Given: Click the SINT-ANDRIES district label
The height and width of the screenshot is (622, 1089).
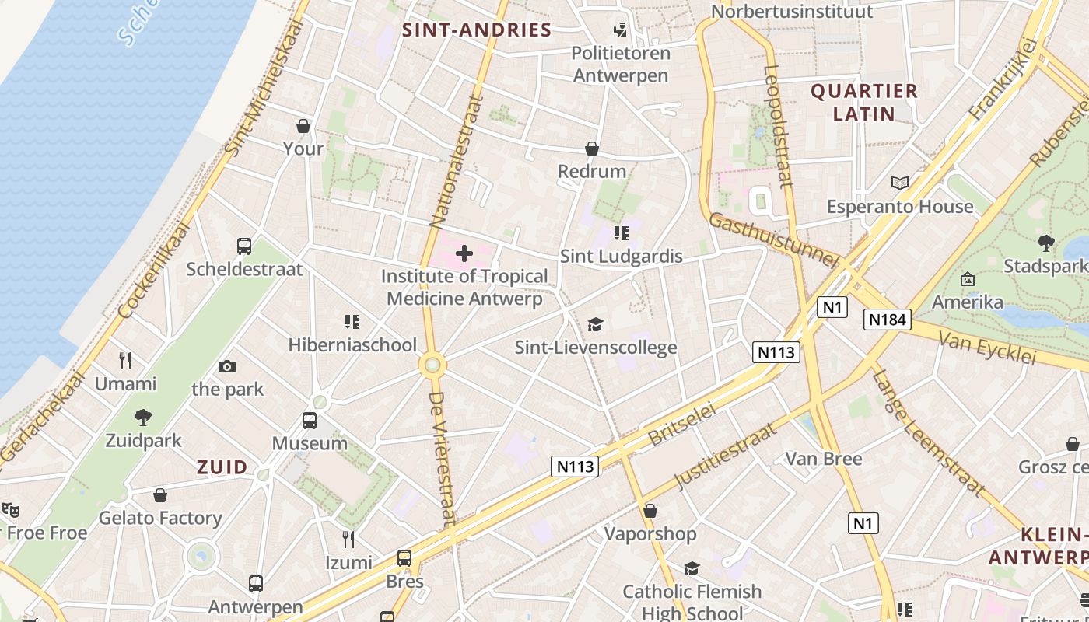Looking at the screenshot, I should click(x=477, y=30).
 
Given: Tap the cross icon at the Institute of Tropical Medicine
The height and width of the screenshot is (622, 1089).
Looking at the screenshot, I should click(x=464, y=253).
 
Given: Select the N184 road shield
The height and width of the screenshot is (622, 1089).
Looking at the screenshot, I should click(x=887, y=319).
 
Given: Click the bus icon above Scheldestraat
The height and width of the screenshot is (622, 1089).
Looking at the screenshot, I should click(x=244, y=246).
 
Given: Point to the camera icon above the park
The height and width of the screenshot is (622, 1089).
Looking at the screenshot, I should click(x=227, y=366).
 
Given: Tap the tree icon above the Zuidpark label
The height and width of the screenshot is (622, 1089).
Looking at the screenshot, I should click(x=143, y=418).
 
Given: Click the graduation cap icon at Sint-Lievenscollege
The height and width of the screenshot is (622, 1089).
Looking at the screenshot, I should click(x=596, y=324).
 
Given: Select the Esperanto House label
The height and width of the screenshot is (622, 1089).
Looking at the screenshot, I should click(x=900, y=207).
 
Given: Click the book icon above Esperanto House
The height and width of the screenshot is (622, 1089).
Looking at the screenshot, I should click(x=900, y=183).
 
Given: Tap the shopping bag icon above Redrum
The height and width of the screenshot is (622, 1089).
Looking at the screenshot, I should click(x=592, y=149).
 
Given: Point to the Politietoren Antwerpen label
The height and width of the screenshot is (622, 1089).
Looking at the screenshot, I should click(x=621, y=65).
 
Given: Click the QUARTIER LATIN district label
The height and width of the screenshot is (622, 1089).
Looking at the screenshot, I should click(x=864, y=103).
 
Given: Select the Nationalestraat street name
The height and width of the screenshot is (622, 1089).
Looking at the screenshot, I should click(x=455, y=163).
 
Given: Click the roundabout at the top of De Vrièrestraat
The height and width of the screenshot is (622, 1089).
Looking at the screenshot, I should click(x=432, y=365).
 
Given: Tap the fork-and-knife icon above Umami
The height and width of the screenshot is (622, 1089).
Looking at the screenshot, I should click(x=125, y=360).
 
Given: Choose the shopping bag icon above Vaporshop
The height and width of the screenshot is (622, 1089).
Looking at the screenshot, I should click(x=650, y=511).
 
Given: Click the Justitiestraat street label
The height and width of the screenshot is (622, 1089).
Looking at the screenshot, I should click(x=725, y=457).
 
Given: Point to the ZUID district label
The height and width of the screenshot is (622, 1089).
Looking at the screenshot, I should click(x=222, y=467).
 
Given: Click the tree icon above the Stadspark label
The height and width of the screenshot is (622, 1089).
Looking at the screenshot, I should click(x=1046, y=243).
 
